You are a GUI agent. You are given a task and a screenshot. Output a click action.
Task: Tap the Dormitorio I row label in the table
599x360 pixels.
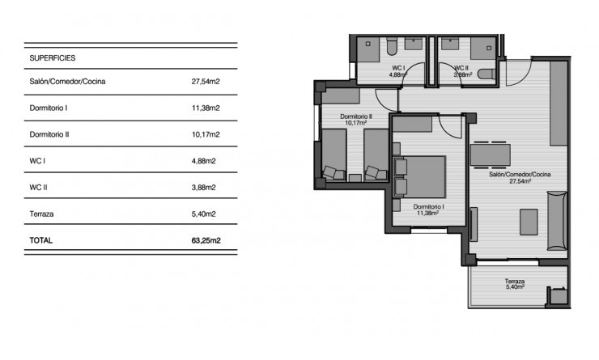coord(48,108)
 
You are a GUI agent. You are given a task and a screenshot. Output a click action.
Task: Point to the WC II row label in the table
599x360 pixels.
coord(39,188)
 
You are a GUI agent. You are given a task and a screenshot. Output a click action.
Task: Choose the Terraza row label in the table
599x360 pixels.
coord(42,214)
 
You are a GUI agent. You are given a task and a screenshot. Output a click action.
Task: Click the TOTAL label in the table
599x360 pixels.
coord(43,240)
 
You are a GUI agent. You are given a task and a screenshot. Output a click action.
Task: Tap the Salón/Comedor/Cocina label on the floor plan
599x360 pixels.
coord(519,175)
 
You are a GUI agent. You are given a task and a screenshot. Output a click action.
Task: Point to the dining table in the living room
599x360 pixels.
coord(491,153)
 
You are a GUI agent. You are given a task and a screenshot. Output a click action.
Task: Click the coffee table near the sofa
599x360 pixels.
coord(529,221)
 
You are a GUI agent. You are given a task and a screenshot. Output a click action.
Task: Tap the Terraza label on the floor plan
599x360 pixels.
coord(515,282)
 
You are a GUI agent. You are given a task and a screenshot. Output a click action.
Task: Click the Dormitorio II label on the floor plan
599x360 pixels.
coord(355,116)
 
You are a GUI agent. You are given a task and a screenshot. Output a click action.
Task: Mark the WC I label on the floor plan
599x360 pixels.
coord(397,68)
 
